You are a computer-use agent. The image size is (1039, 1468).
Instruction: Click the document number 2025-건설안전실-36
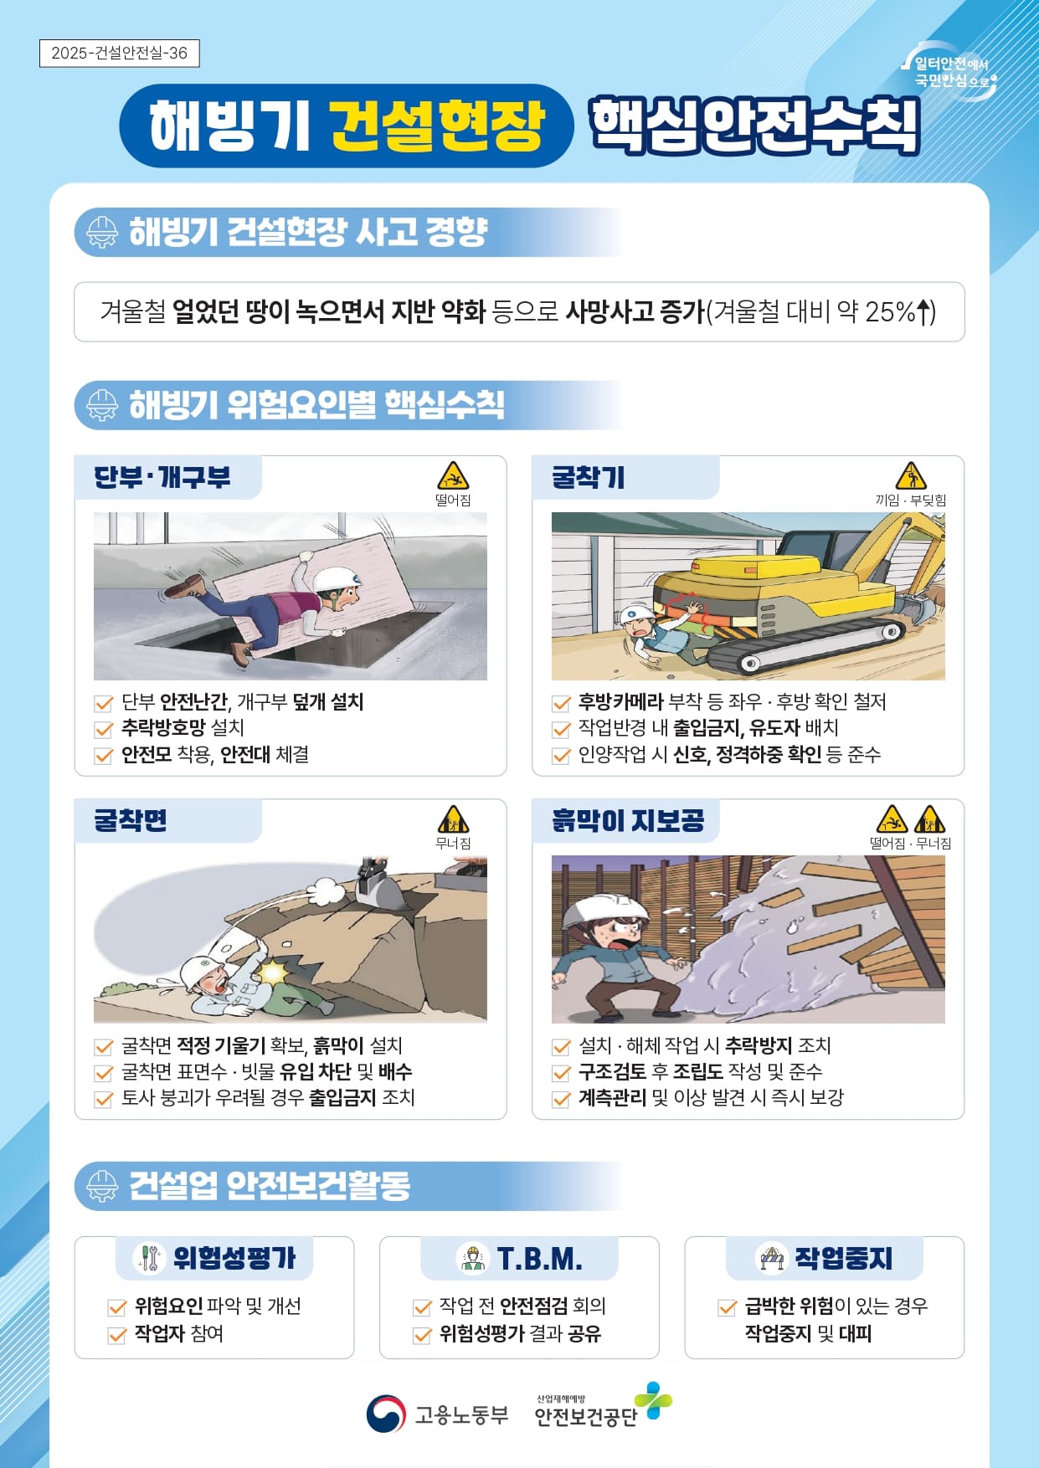[x=119, y=53]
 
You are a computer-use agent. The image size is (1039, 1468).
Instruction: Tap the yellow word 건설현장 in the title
[x=437, y=126]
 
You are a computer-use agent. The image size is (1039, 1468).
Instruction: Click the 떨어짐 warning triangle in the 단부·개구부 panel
[x=453, y=475]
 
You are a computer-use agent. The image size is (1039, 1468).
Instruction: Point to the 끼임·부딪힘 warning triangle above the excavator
[x=910, y=475]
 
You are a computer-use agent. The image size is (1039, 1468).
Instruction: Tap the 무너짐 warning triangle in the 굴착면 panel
[x=453, y=819]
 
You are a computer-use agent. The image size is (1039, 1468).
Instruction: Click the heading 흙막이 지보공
[x=628, y=820]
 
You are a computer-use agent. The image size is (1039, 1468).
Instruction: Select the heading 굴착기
[x=588, y=477]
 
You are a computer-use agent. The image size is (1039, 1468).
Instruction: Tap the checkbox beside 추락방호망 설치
[x=104, y=729]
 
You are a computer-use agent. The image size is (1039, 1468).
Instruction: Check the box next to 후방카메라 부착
[x=561, y=703]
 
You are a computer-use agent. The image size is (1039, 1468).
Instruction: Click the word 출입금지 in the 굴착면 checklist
[x=342, y=1097]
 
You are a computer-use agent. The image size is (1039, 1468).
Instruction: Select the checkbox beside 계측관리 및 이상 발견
[x=561, y=1098]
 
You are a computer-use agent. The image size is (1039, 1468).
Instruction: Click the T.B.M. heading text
[x=540, y=1258]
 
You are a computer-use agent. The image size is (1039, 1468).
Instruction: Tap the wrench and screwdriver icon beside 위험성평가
[x=149, y=1257]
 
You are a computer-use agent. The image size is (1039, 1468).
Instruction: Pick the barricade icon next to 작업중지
[x=771, y=1257]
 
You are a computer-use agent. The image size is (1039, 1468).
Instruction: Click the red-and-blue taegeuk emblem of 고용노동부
[x=386, y=1414]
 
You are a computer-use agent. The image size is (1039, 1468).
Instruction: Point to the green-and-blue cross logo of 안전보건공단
[x=653, y=1400]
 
